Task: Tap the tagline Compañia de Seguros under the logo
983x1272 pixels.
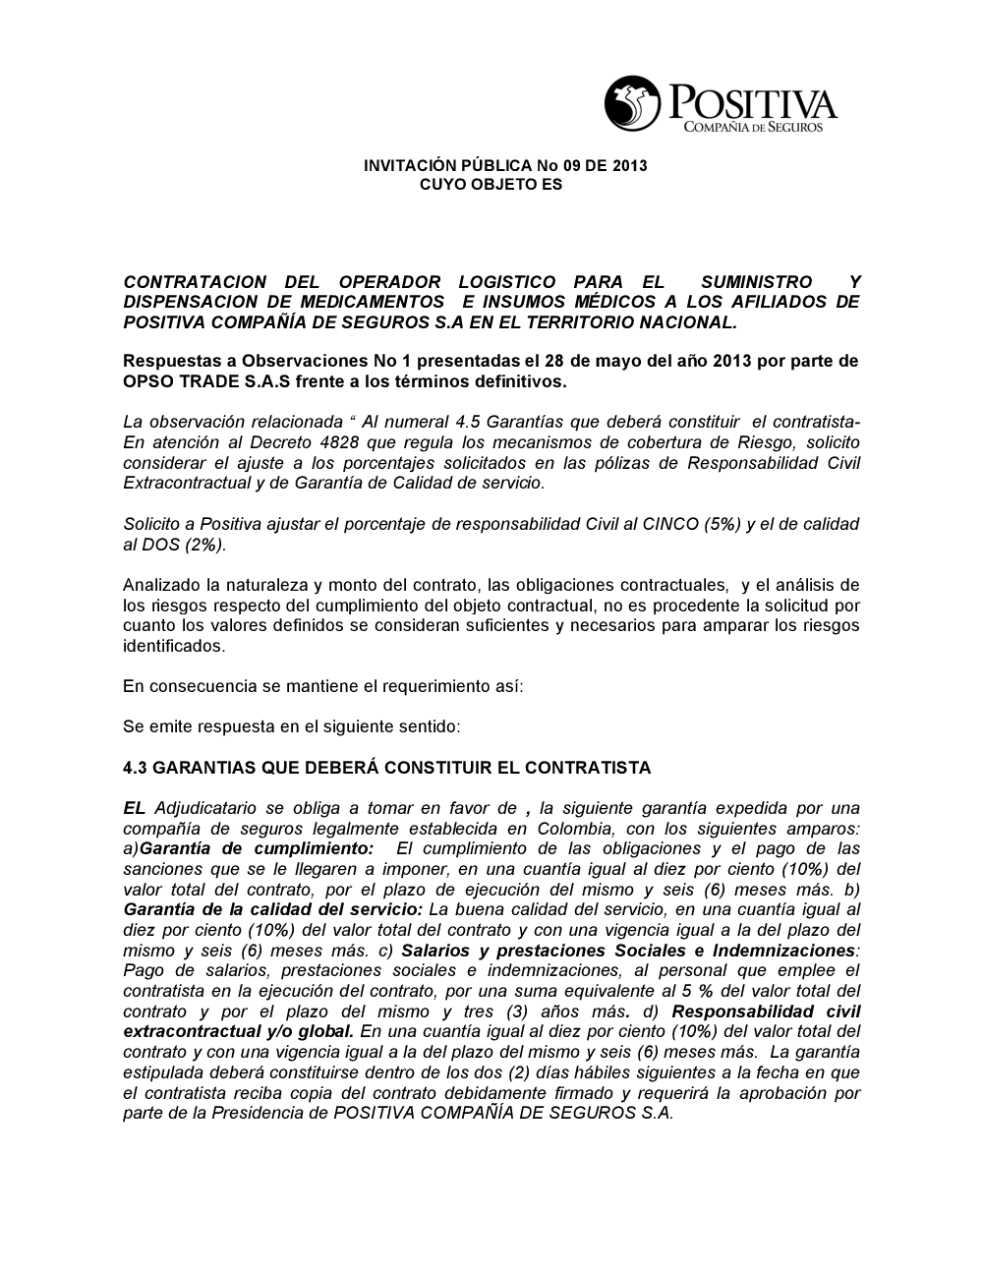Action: pos(753,128)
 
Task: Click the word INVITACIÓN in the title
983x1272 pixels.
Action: pos(408,165)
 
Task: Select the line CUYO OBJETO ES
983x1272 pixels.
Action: pos(491,184)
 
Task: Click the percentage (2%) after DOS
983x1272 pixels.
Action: pos(204,545)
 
